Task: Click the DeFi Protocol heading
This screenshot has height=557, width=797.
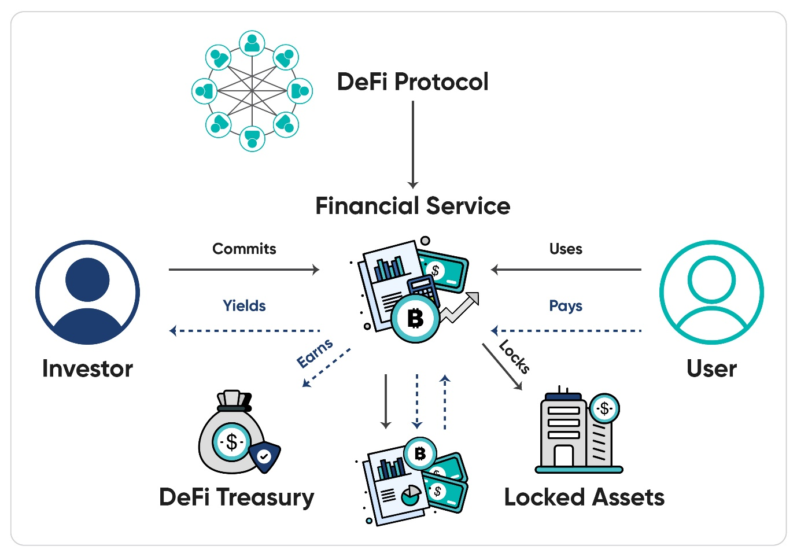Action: (412, 82)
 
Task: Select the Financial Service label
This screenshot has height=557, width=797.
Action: (412, 206)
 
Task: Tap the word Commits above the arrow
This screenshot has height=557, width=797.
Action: (244, 249)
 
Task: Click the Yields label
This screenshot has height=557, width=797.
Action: (244, 305)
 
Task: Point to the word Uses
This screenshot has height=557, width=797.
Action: (566, 249)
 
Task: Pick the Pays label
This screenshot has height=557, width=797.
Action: (566, 305)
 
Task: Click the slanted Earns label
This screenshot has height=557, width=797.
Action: (315, 353)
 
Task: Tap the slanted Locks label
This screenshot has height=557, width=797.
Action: (514, 357)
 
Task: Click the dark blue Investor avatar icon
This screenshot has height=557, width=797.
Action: (87, 292)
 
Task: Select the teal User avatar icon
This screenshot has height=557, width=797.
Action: (711, 292)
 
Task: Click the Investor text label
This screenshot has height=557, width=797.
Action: (87, 368)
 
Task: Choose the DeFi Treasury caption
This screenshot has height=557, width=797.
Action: (237, 497)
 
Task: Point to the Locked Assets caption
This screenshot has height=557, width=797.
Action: (584, 497)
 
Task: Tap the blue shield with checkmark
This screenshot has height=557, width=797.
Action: (264, 456)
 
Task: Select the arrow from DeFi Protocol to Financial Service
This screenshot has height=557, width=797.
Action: (413, 145)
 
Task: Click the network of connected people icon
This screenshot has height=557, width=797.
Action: (252, 91)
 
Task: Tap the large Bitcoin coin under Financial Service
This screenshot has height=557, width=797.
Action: (415, 318)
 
